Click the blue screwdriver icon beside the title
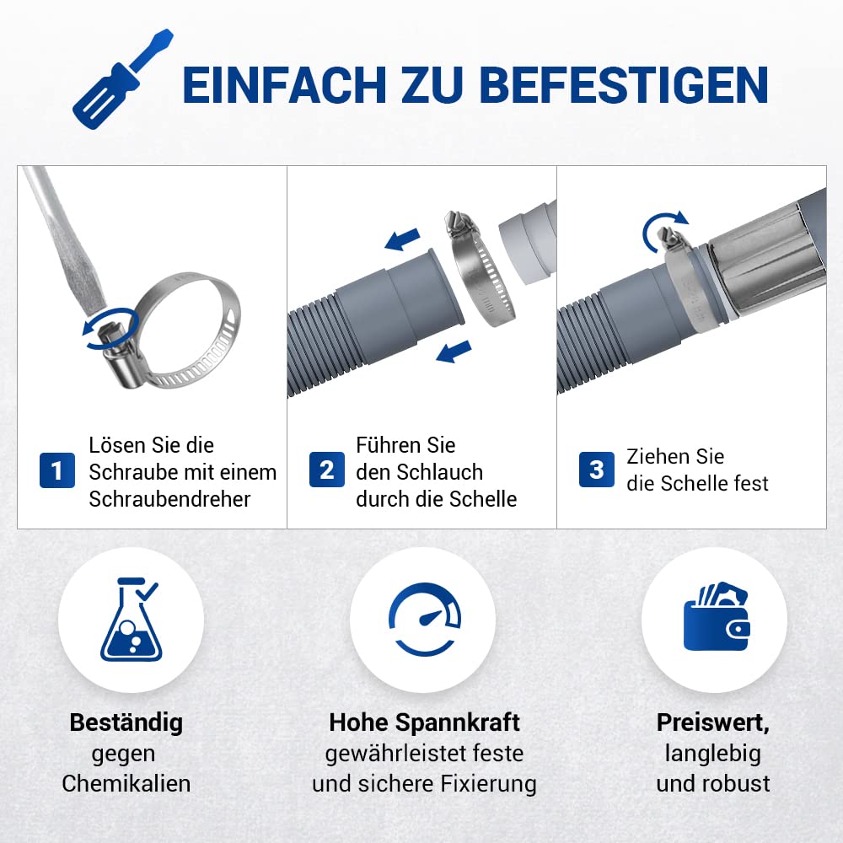[122, 79]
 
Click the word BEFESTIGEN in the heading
[624, 85]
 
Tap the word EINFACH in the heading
[285, 85]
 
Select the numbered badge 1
[57, 470]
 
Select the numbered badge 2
[327, 470]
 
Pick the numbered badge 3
[597, 470]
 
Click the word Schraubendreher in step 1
[170, 499]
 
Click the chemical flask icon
[130, 620]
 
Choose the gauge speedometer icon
[425, 620]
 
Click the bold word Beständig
[126, 722]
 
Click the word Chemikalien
[126, 783]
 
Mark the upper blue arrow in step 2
[402, 239]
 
